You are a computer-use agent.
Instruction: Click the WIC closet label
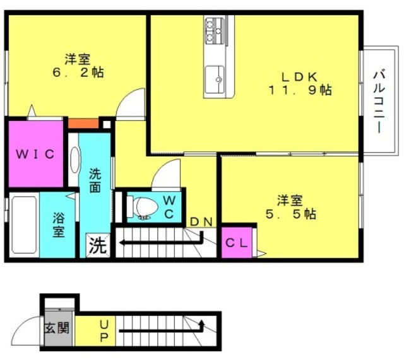[x=35, y=154]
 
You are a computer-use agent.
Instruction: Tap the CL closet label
[x=237, y=243]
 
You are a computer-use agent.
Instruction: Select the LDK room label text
[x=299, y=77]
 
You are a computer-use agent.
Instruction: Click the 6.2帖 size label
[x=78, y=73]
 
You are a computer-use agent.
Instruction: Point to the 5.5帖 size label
[x=291, y=214]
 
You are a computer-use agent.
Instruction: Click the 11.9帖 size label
[x=300, y=90]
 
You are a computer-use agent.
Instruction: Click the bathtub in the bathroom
[x=24, y=224]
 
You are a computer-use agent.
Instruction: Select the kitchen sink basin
[x=215, y=79]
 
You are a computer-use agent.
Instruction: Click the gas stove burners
[x=213, y=30]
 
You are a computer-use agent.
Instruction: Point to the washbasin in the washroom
[x=74, y=160]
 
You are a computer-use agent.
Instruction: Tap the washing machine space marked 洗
[x=98, y=245]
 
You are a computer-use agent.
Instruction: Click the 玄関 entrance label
[x=57, y=328]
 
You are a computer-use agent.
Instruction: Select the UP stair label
[x=104, y=331]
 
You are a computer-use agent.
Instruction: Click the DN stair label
[x=201, y=221]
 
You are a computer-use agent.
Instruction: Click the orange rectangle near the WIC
[x=83, y=124]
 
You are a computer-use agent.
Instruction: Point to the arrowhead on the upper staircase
[x=122, y=242]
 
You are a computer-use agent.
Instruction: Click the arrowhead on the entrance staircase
[x=201, y=323]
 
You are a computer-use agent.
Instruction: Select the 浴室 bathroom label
[x=59, y=224]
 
